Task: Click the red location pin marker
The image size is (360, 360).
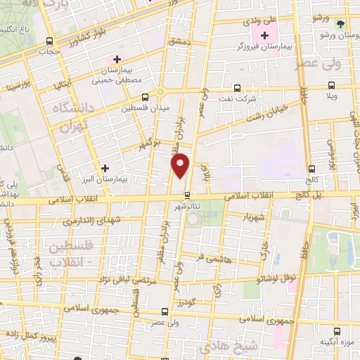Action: (181, 165)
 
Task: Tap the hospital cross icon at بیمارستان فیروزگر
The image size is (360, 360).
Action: (264, 36)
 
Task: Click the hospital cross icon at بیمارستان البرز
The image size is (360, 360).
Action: (105, 168)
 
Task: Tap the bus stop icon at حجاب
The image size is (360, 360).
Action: (49, 41)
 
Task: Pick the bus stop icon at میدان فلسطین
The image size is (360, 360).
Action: (145, 97)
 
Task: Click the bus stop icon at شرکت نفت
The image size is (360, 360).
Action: (236, 89)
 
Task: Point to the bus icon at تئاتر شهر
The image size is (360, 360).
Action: (187, 195)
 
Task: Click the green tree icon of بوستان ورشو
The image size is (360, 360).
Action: (341, 23)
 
